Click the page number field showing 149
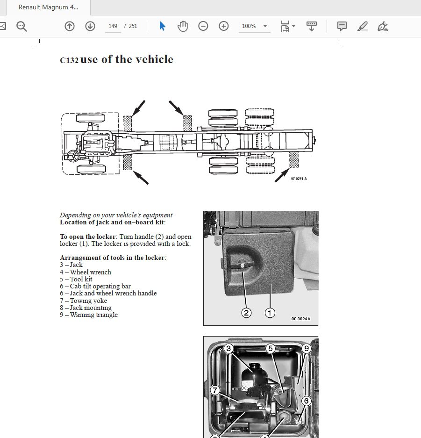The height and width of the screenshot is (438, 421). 113,26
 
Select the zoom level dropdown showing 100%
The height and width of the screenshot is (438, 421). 254,26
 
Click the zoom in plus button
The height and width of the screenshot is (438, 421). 224,26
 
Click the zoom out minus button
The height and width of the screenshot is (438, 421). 203,26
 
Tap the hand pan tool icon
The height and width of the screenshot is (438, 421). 183,26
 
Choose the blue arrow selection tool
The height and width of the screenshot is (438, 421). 162,26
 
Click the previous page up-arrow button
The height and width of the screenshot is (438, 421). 70,26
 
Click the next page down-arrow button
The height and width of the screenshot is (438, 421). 90,26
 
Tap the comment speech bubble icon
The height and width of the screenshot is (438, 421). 342,26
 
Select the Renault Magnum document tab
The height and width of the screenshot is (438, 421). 48,7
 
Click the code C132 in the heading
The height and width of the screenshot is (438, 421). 69,60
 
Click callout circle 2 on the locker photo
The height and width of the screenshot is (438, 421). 246,313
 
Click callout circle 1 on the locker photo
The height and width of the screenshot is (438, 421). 270,313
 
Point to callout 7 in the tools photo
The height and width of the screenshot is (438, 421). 214,390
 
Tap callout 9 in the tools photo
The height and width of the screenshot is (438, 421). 307,348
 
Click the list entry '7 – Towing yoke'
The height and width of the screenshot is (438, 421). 88,301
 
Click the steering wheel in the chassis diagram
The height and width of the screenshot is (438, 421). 72,156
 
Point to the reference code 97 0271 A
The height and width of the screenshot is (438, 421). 299,179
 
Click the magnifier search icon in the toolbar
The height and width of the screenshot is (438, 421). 22,26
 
